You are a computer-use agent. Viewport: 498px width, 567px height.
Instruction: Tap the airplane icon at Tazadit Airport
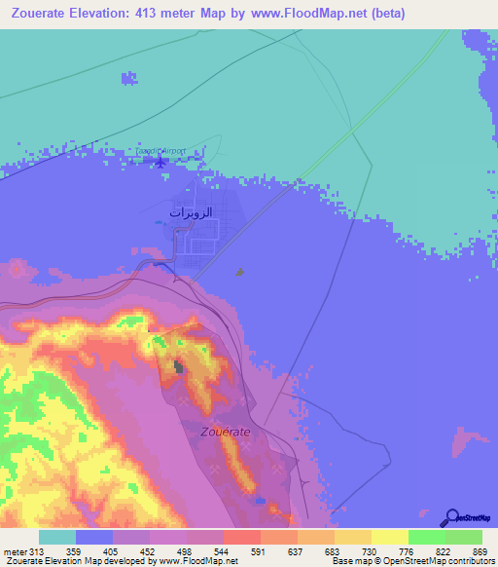coord(161,162)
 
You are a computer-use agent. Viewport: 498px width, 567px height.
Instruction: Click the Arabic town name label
coord(191,211)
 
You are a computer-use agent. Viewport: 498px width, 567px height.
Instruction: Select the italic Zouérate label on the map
coord(226,430)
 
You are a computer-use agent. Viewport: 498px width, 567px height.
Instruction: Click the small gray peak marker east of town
coord(240,273)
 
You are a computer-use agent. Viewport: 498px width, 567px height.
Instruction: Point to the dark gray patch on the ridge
coord(178,366)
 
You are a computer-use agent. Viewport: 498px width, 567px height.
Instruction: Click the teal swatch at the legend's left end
coord(56,537)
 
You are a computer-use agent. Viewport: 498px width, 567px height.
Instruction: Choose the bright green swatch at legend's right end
coord(463,537)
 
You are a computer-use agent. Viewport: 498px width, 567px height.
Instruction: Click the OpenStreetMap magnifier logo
coord(450,517)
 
